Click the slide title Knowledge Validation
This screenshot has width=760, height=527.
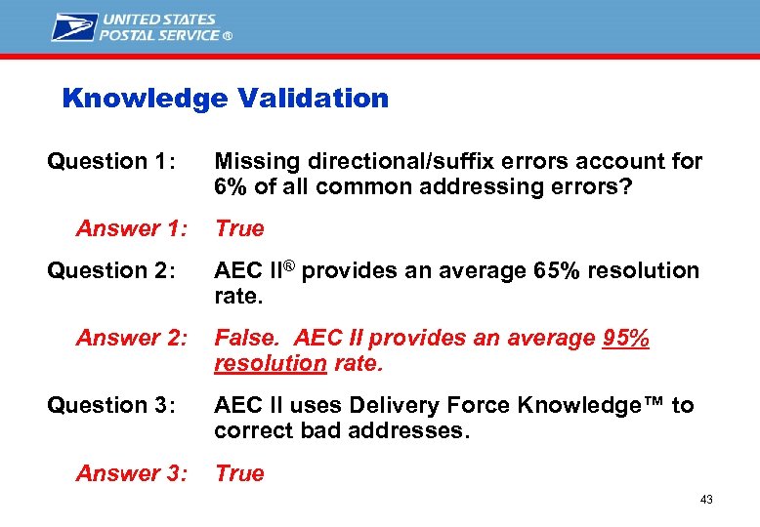(x=225, y=99)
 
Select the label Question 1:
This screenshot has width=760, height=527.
(x=110, y=162)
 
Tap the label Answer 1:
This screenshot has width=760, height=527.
(x=131, y=228)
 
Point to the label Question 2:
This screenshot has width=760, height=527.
(x=110, y=270)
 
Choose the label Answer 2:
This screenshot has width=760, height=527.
(x=131, y=339)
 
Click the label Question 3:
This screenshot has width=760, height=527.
(x=110, y=405)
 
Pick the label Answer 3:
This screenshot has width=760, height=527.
(x=131, y=473)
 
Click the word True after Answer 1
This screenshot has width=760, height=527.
(x=239, y=228)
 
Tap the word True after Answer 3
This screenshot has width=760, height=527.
(x=239, y=473)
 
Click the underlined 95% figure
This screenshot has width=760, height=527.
(x=625, y=339)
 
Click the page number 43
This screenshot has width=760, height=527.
(x=706, y=500)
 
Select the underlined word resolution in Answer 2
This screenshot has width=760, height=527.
(x=270, y=364)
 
